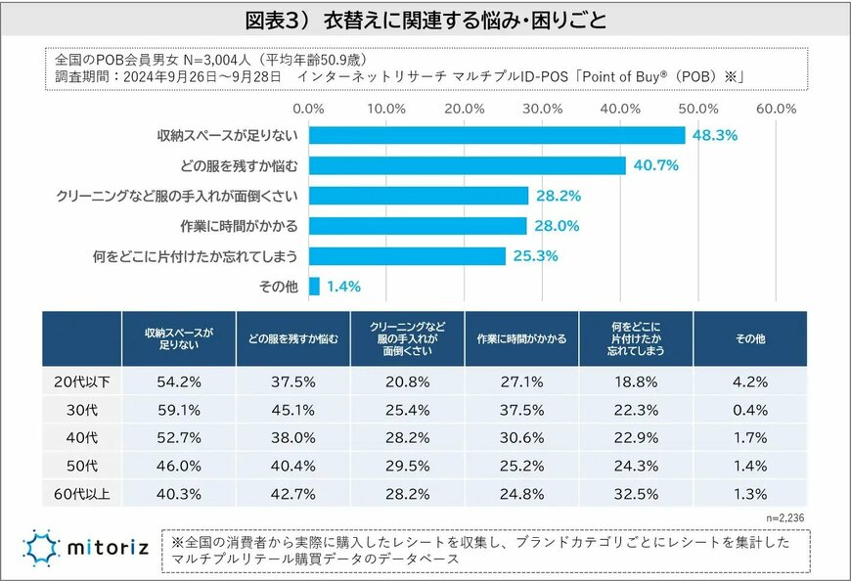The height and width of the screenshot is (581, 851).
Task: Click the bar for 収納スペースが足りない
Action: pos(497,135)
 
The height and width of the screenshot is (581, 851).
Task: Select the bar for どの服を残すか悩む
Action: pos(468,165)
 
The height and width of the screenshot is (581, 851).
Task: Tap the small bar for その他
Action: pos(314,287)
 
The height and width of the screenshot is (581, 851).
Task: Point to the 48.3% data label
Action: pos(714,135)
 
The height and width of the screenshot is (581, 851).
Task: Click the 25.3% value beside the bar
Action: pos(534,256)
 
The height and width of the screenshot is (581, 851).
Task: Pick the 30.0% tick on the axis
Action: pos(543,108)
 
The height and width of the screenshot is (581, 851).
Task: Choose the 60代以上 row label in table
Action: pos(81,494)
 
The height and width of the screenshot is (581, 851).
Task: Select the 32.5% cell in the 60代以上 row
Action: pos(635,494)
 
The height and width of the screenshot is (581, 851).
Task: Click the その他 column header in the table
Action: pos(749,338)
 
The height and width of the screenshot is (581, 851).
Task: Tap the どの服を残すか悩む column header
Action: pos(292,338)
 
